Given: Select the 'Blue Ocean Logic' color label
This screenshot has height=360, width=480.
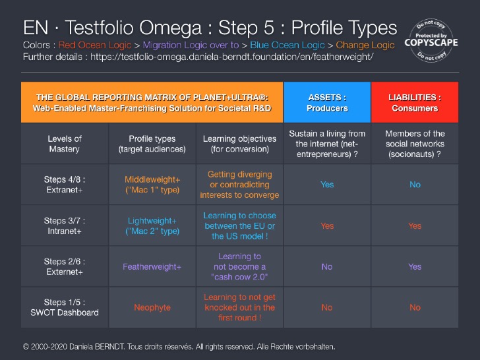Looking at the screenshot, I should click(287, 45).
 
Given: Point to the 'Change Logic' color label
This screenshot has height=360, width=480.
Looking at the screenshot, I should click(365, 45).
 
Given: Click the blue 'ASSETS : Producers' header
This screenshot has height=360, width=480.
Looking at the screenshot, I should click(327, 102).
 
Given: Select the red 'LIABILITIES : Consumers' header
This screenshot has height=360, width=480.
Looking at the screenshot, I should click(415, 102).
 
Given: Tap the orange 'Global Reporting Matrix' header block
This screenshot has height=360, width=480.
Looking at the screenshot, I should click(152, 102).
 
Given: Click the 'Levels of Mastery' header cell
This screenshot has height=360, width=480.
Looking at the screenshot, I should click(65, 144).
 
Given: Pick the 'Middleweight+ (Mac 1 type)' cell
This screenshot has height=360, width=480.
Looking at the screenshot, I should click(152, 185).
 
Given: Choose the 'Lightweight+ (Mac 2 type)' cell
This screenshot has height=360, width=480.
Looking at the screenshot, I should click(152, 225).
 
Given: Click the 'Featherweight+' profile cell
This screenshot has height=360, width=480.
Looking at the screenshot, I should click(152, 267).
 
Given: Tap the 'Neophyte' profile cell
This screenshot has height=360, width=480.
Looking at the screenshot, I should click(152, 307).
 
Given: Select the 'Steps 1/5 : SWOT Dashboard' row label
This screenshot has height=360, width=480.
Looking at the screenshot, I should click(65, 307).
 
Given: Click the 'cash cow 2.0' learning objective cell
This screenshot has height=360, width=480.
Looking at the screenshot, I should click(239, 267).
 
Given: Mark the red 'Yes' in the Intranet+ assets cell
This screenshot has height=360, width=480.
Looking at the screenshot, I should click(327, 225).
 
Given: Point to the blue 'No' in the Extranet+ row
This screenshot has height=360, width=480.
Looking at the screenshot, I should click(415, 185).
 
